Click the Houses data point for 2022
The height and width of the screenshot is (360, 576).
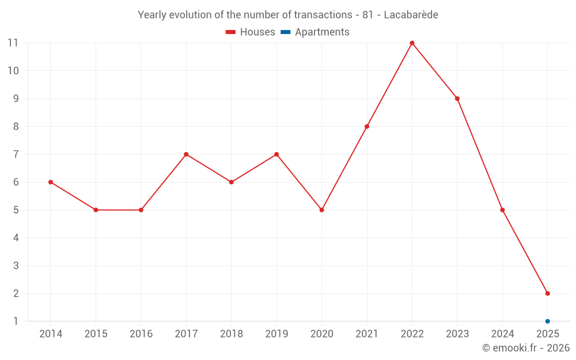pyautogui.click(x=412, y=43)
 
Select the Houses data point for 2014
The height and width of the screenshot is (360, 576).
pyautogui.click(x=51, y=182)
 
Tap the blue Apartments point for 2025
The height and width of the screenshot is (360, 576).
pyautogui.click(x=547, y=321)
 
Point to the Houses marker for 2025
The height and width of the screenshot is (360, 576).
pyautogui.click(x=547, y=293)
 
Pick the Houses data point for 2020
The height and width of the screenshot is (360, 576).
pyautogui.click(x=321, y=210)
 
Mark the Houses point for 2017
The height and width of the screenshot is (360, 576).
pyautogui.click(x=186, y=154)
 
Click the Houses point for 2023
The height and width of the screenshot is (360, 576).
pyautogui.click(x=457, y=98)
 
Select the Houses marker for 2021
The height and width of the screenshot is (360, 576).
pyautogui.click(x=367, y=126)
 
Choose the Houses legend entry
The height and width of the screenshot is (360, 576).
pyautogui.click(x=251, y=32)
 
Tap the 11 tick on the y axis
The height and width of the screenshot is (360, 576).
pyautogui.click(x=13, y=43)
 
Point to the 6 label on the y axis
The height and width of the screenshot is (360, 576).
pyautogui.click(x=16, y=182)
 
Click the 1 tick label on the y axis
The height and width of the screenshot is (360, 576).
pyautogui.click(x=16, y=321)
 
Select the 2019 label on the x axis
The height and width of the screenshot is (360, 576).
pyautogui.click(x=276, y=334)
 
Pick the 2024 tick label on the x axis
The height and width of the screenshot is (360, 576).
pyautogui.click(x=502, y=334)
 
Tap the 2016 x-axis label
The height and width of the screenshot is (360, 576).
pyautogui.click(x=141, y=334)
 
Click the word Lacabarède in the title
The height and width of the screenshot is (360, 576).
pyautogui.click(x=411, y=15)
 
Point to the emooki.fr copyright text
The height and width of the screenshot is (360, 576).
pyautogui.click(x=526, y=348)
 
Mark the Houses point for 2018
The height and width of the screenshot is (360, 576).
pyautogui.click(x=231, y=182)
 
